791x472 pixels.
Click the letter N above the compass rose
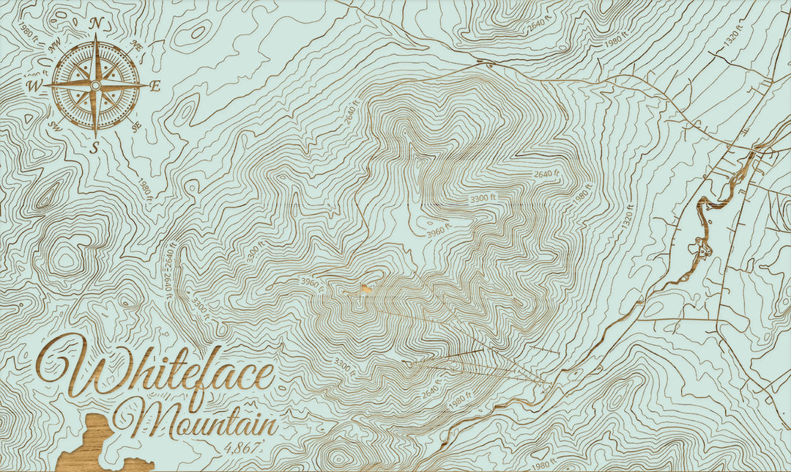[x=95, y=23]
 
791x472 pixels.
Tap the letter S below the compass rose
[x=94, y=147]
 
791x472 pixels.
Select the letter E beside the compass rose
[x=155, y=86]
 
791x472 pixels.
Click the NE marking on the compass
[x=135, y=45]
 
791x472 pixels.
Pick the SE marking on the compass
[x=137, y=126]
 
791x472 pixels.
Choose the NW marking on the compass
[x=54, y=45]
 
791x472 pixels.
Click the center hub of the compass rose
[x=95, y=86]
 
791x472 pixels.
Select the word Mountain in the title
[x=196, y=420]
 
